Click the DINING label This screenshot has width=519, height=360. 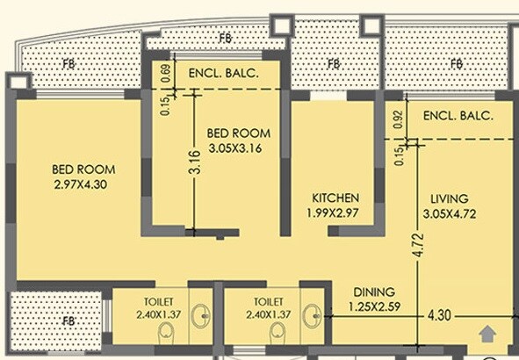(x=373, y=292)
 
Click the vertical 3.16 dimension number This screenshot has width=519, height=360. (x=196, y=163)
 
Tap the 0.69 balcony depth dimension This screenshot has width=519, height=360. (x=165, y=73)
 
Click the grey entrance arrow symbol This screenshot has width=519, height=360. (x=486, y=333)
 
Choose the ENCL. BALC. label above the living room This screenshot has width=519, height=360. (x=458, y=116)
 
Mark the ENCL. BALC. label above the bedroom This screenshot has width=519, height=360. (x=224, y=74)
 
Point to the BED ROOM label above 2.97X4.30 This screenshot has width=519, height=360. (x=83, y=169)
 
